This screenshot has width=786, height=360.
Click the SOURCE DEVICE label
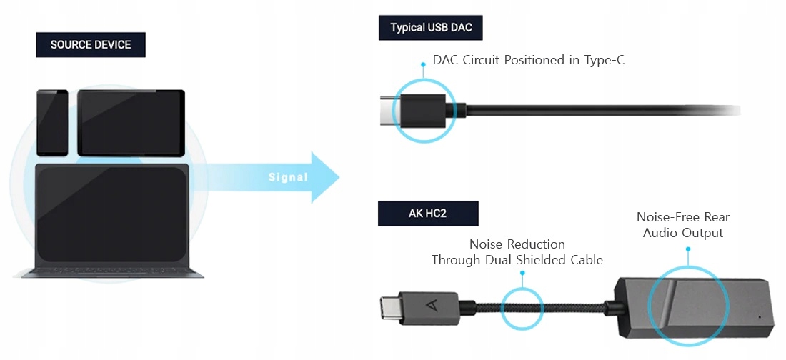click(x=91, y=45)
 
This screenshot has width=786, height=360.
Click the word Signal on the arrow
click(x=288, y=177)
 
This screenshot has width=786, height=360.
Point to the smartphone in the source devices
click(x=52, y=122)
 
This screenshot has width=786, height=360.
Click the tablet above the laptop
click(x=131, y=123)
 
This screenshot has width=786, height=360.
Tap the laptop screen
click(x=112, y=214)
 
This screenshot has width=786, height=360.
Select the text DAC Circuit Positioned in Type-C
click(x=528, y=60)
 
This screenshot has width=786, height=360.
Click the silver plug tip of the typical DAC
click(x=388, y=111)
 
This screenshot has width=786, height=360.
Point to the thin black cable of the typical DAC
click(x=607, y=110)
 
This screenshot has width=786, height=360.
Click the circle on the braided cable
click(x=522, y=309)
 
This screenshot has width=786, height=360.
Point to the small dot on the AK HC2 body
click(x=759, y=316)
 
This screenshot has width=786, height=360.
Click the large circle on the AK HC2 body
click(x=689, y=305)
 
